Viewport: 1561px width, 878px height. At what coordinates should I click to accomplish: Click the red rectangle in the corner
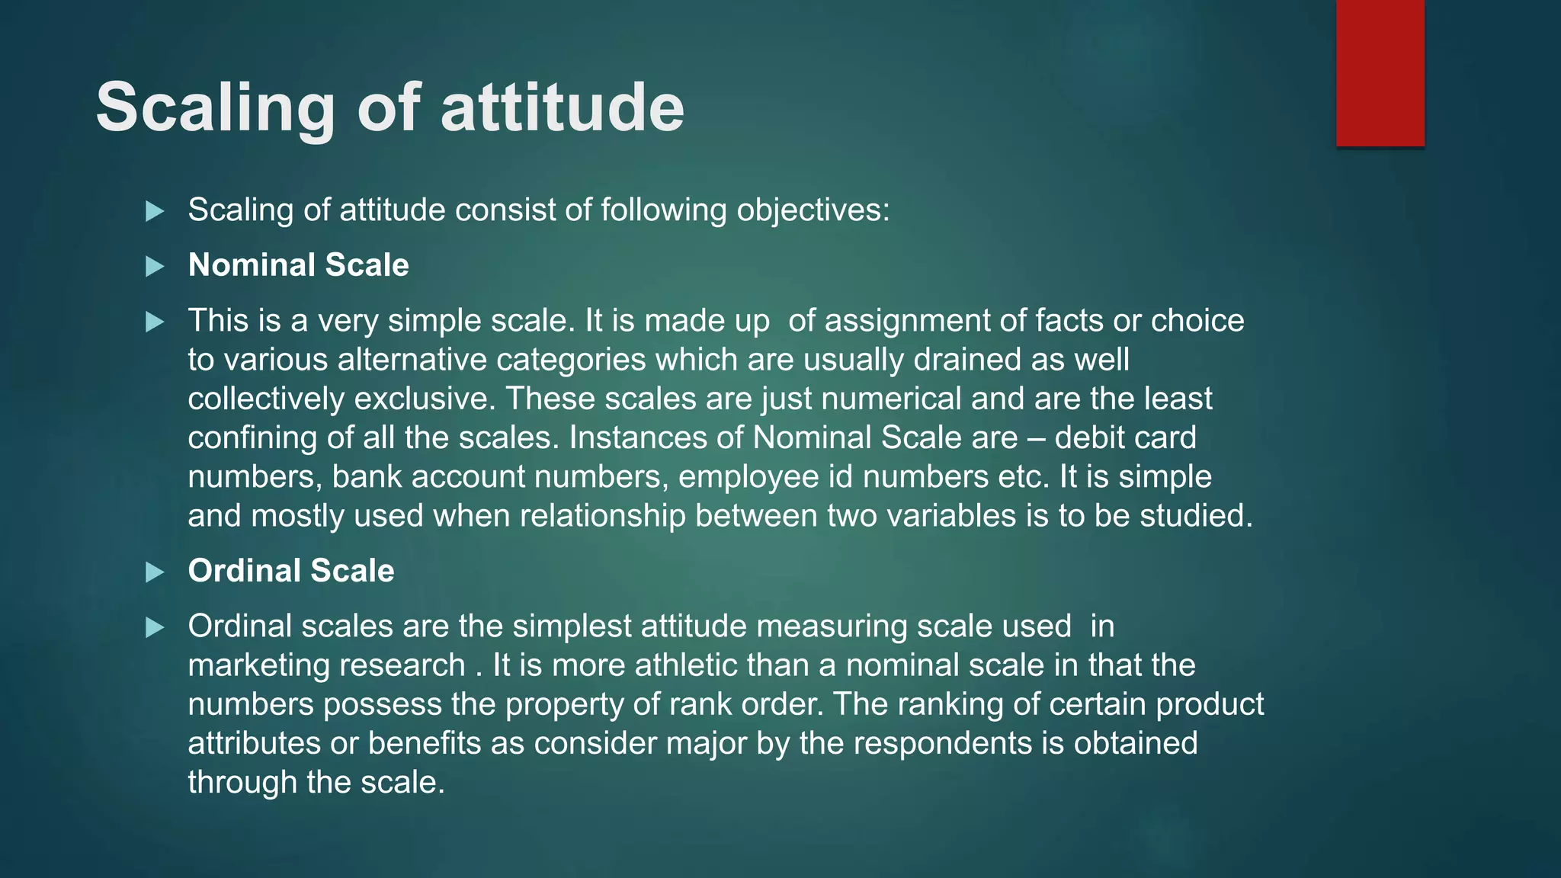[x=1380, y=73]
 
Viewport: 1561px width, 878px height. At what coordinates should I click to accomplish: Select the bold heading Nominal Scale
[x=298, y=265]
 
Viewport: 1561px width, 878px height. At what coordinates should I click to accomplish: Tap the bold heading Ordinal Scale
[x=291, y=571]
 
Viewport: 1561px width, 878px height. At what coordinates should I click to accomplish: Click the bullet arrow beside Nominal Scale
[x=155, y=267]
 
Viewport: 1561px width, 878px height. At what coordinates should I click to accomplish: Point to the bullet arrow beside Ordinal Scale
[x=155, y=572]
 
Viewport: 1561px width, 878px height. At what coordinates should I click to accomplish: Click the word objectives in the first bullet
[x=811, y=210]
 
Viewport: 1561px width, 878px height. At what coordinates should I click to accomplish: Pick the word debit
[x=1087, y=438]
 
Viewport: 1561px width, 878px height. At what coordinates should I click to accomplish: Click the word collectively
[x=266, y=399]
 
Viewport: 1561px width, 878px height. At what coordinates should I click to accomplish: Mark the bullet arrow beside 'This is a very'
[x=155, y=322]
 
